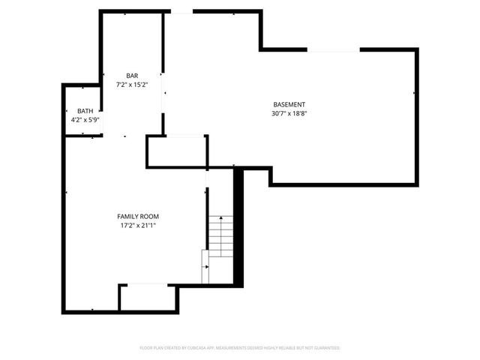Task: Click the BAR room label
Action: [x=132, y=76]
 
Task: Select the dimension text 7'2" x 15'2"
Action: [x=132, y=85]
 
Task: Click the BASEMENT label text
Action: [x=289, y=104]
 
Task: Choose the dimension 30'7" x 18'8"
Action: [x=289, y=113]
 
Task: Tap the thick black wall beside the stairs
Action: [x=239, y=225]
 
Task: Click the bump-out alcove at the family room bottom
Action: [x=148, y=297]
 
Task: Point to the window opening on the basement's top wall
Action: [x=334, y=49]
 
